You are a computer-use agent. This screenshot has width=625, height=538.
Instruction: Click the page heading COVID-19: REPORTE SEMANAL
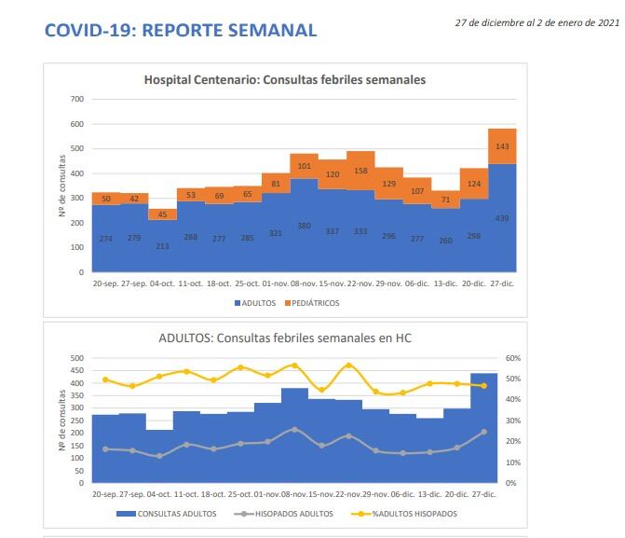[181, 31]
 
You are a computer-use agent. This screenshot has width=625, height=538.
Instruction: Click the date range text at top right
[537, 23]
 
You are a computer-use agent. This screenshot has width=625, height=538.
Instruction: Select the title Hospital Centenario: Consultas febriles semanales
[285, 80]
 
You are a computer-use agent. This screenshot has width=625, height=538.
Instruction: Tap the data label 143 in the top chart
[503, 146]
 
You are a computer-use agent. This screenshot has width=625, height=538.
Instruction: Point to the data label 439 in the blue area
[503, 218]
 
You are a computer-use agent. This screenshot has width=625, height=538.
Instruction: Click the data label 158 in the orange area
[360, 171]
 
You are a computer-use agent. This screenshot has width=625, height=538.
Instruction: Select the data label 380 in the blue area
[304, 226]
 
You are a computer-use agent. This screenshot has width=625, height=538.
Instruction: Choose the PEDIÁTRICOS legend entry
[314, 303]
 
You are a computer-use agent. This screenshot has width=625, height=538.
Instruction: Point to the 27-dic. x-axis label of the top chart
[503, 282]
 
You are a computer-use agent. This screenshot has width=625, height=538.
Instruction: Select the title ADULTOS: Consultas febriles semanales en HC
[285, 338]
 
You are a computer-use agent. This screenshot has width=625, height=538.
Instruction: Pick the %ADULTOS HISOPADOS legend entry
[413, 514]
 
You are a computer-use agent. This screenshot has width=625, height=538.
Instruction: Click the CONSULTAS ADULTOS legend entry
[176, 514]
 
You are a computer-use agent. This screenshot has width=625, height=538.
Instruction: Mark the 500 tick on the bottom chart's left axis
[78, 358]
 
